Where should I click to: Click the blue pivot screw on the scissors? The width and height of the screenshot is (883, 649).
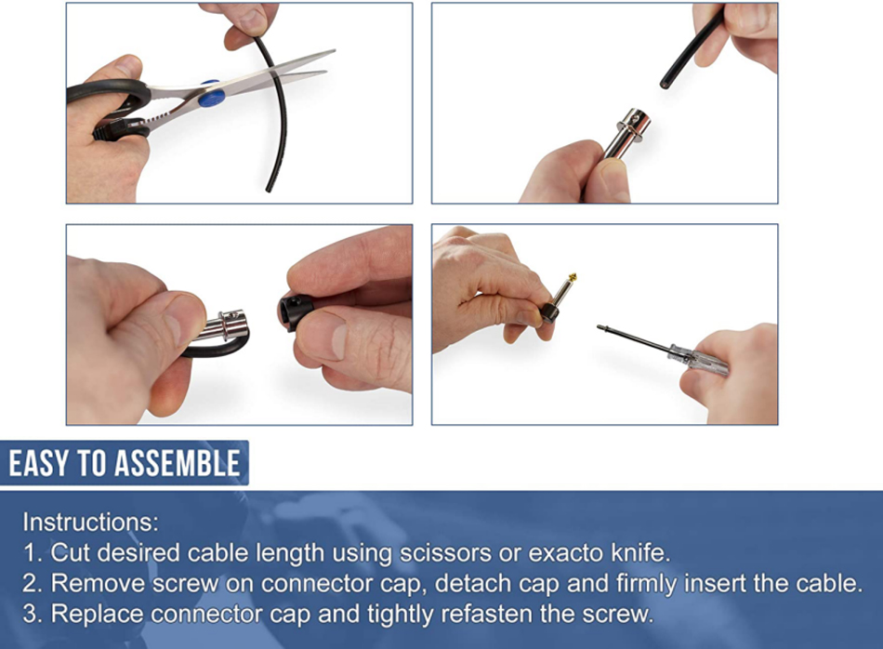tap(211, 94)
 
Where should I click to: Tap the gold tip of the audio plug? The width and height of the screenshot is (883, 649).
tap(573, 277)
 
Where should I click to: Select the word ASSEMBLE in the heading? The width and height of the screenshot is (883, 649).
tap(178, 464)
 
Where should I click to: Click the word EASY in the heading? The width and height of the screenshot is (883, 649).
tap(39, 464)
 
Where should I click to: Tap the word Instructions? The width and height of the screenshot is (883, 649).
tap(91, 523)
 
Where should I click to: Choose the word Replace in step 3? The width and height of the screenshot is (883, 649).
tap(97, 614)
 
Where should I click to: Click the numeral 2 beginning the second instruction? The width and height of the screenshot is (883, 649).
tap(30, 583)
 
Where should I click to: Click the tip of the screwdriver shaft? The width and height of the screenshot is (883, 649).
tap(599, 326)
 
